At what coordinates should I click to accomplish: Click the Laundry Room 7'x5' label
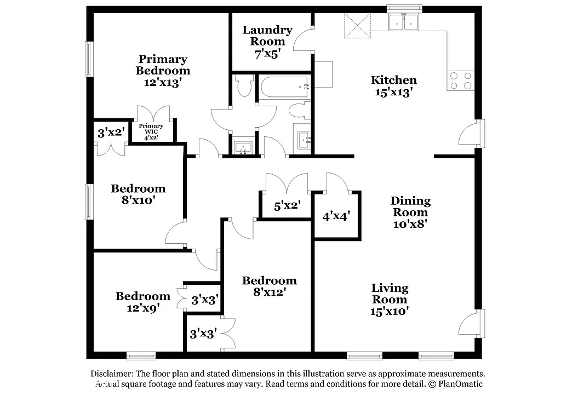[x=267, y=42]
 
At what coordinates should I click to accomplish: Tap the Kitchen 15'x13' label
[x=394, y=86]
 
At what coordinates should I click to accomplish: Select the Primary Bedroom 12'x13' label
[x=163, y=71]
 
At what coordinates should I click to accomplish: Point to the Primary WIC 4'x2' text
[x=154, y=132]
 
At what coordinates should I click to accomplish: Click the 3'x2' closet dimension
[x=111, y=132]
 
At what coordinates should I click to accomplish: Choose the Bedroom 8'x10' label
[x=138, y=194]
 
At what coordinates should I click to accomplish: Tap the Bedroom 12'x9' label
[x=142, y=302]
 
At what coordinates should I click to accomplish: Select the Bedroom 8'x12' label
[x=270, y=286]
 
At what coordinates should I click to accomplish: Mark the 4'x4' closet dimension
[x=336, y=216]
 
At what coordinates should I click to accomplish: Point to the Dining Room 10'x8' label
[x=410, y=212]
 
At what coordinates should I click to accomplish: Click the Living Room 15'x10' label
[x=390, y=300]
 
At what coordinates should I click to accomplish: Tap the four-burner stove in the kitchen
[x=460, y=81]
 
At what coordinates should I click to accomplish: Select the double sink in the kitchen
[x=403, y=22]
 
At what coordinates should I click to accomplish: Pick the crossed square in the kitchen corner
[x=357, y=26]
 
